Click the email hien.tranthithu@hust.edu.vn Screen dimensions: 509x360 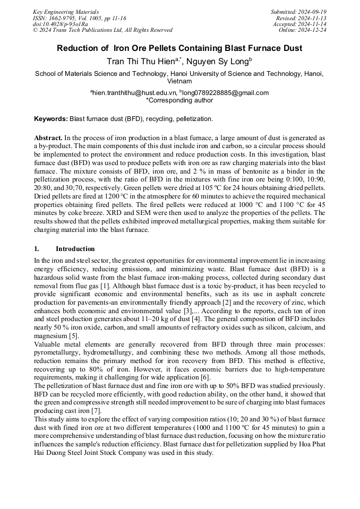pyautogui.click(x=133, y=93)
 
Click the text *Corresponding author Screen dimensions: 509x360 pyautogui.click(x=179, y=100)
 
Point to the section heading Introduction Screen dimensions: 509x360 pyautogui.click(x=75, y=249)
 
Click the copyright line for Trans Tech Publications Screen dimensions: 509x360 pyautogui.click(x=102, y=30)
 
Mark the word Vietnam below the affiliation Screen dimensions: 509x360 pyautogui.click(x=179, y=82)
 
